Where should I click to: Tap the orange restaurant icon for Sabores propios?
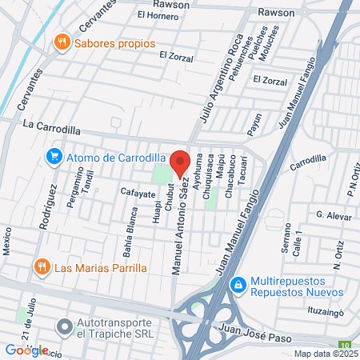pyautogui.click(x=61, y=42)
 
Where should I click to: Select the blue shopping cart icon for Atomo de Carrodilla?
pyautogui.click(x=54, y=155)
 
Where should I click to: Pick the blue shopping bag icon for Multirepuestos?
pyautogui.click(x=238, y=285)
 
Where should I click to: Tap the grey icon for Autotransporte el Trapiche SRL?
pyautogui.click(x=64, y=327)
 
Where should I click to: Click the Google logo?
pyautogui.click(x=26, y=350)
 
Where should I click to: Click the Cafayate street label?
pyautogui.click(x=137, y=194)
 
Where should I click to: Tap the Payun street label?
pyautogui.click(x=256, y=124)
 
